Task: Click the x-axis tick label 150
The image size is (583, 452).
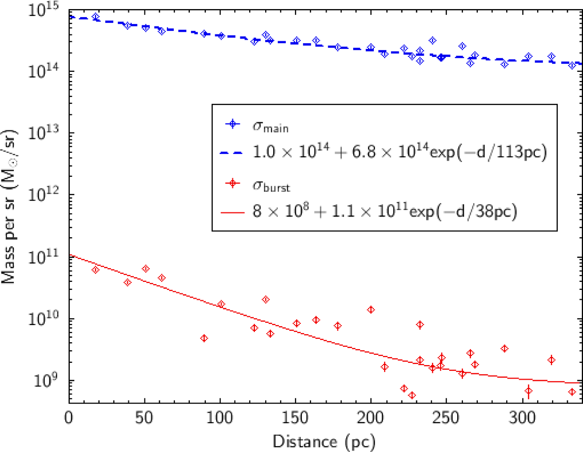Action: click(295, 418)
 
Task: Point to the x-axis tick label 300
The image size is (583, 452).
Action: click(522, 418)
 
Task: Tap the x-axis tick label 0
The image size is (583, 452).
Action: click(69, 418)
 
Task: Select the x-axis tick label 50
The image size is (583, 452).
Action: click(144, 418)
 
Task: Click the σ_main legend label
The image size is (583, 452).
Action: click(270, 127)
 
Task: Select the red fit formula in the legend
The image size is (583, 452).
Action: click(385, 212)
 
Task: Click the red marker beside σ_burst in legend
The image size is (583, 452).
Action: click(233, 183)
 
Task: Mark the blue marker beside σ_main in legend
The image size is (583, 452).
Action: click(233, 124)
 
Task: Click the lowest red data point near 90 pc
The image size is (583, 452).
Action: click(204, 338)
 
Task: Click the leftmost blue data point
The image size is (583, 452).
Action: click(95, 17)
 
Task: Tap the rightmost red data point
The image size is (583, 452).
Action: click(572, 392)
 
